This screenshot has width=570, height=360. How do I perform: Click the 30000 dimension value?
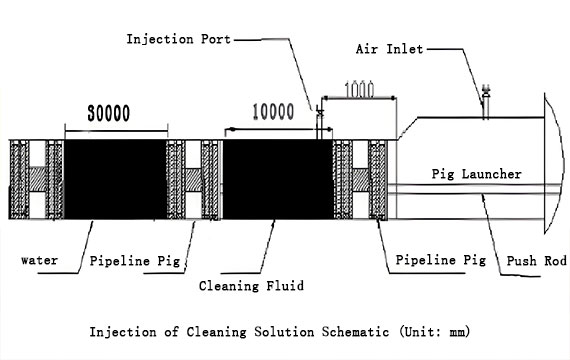click(114, 113)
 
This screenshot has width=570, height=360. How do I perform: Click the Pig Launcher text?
click(476, 173)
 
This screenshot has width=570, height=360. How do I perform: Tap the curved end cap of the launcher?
click(553, 160)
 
